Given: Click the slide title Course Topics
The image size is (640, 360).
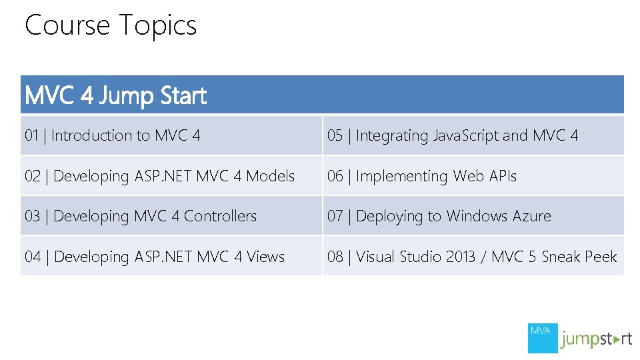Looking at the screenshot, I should pyautogui.click(x=111, y=26).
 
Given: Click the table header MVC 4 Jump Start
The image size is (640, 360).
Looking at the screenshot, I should pyautogui.click(x=115, y=96).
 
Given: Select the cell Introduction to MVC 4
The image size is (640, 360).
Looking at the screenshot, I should pyautogui.click(x=112, y=136).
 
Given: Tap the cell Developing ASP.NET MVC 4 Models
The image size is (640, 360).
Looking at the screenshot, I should pyautogui.click(x=159, y=176).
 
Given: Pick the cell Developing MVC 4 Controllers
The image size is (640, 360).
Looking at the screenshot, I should pyautogui.click(x=141, y=216).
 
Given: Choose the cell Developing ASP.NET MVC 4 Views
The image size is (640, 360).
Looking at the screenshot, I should pyautogui.click(x=155, y=257).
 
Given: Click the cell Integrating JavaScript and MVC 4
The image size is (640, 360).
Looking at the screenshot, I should pyautogui.click(x=453, y=136).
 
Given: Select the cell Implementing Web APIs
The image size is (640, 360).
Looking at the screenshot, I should pyautogui.click(x=421, y=176).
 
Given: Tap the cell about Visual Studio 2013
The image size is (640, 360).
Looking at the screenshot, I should pyautogui.click(x=472, y=257).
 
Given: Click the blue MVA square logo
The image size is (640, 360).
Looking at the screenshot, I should pyautogui.click(x=541, y=338).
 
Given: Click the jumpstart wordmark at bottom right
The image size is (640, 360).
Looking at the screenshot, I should pyautogui.click(x=596, y=339).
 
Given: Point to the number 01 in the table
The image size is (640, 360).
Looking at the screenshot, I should pyautogui.click(x=31, y=136).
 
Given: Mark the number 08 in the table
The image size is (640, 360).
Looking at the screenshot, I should pyautogui.click(x=335, y=257).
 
